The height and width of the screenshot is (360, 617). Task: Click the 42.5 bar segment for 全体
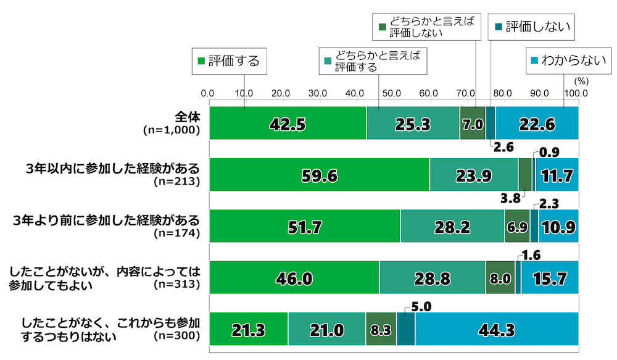pyautogui.click(x=288, y=123)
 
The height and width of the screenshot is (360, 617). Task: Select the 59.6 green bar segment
pyautogui.click(x=320, y=175)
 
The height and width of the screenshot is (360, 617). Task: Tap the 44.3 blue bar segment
pyautogui.click(x=496, y=329)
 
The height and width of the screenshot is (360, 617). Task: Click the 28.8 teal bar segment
pyautogui.click(x=432, y=278)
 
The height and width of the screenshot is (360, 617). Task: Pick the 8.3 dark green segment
pyautogui.click(x=381, y=329)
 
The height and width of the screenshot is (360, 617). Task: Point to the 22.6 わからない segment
pyautogui.click(x=536, y=123)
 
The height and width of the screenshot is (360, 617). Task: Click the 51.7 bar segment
pyautogui.click(x=305, y=226)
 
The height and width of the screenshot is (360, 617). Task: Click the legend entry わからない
pyautogui.click(x=556, y=61)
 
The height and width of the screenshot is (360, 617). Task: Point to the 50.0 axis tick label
pyautogui.click(x=392, y=94)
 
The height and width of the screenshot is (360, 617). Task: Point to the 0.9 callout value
pyautogui.click(x=549, y=151)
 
